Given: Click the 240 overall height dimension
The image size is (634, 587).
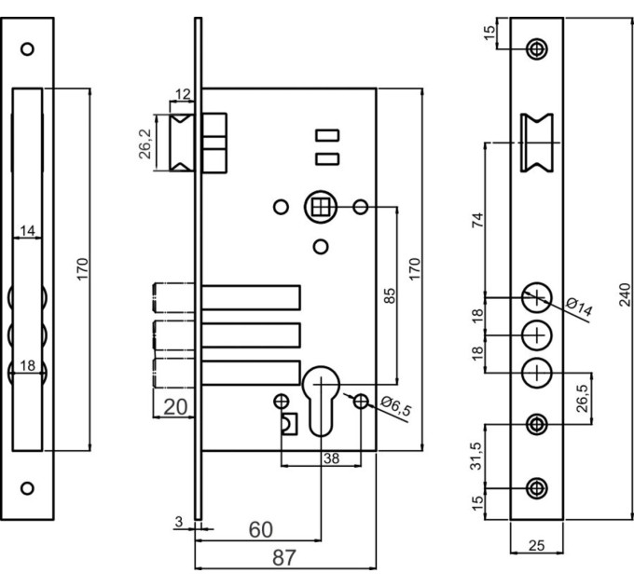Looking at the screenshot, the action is click(x=625, y=294).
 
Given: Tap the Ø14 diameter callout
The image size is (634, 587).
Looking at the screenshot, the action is click(x=579, y=307).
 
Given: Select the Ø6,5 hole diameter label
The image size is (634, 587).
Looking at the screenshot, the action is click(x=396, y=406).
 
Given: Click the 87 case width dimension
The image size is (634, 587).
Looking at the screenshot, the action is click(x=284, y=557).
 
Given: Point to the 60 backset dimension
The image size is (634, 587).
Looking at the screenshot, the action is click(x=261, y=529).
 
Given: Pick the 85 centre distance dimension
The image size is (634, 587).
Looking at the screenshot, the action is click(x=389, y=295).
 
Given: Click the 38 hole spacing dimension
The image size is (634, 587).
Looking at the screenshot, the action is click(x=331, y=458).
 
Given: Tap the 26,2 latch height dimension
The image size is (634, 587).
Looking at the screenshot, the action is click(x=145, y=143).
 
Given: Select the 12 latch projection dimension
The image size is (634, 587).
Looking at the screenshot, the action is click(x=183, y=94).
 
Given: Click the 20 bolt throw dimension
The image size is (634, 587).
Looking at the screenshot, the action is click(x=175, y=407).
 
